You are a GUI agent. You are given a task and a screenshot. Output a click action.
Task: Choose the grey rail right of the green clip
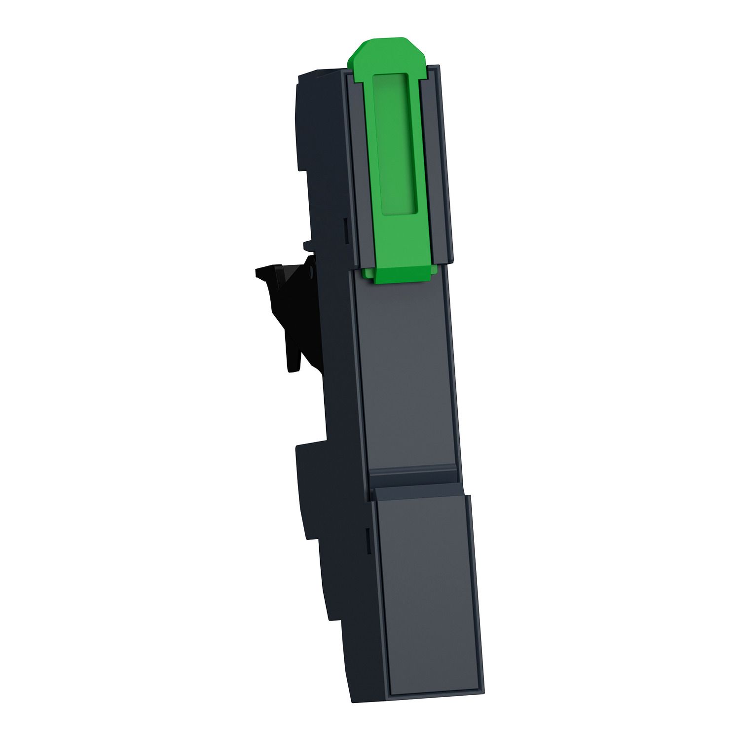click(437, 163)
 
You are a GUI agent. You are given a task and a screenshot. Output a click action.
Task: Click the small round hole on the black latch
click(311, 272)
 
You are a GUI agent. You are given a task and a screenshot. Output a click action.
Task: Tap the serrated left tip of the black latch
click(259, 272)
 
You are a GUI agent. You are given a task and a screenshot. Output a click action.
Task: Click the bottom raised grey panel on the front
click(427, 592)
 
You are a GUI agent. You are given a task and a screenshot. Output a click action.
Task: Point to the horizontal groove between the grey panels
click(414, 481)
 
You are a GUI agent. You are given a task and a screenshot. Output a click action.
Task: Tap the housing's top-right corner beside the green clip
click(438, 66)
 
